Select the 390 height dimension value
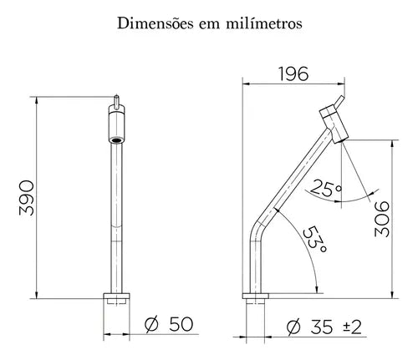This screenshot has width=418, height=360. pos(27,198)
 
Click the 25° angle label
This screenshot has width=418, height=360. pos(325,189)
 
